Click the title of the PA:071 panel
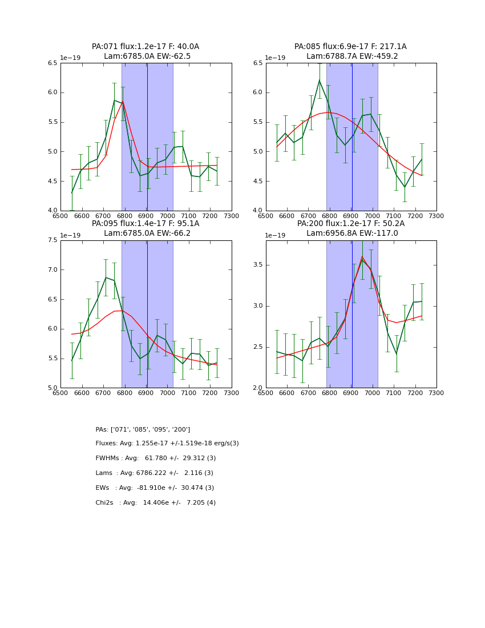click(x=145, y=51)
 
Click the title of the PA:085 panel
click(x=350, y=51)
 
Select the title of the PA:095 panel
click(x=145, y=228)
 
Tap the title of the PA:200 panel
click(x=350, y=228)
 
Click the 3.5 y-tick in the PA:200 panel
click(x=256, y=265)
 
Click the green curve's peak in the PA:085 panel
click(x=320, y=80)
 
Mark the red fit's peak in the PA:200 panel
click(x=362, y=256)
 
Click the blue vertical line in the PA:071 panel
click(x=147, y=137)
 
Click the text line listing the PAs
click(x=143, y=429)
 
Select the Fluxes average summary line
click(x=167, y=444)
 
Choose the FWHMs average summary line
click(x=156, y=458)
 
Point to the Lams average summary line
click(x=154, y=473)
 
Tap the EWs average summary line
click(x=155, y=488)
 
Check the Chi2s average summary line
click(x=156, y=503)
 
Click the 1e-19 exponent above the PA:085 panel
click(x=275, y=58)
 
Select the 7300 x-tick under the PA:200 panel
click(x=436, y=392)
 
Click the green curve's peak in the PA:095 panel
click(x=106, y=277)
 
